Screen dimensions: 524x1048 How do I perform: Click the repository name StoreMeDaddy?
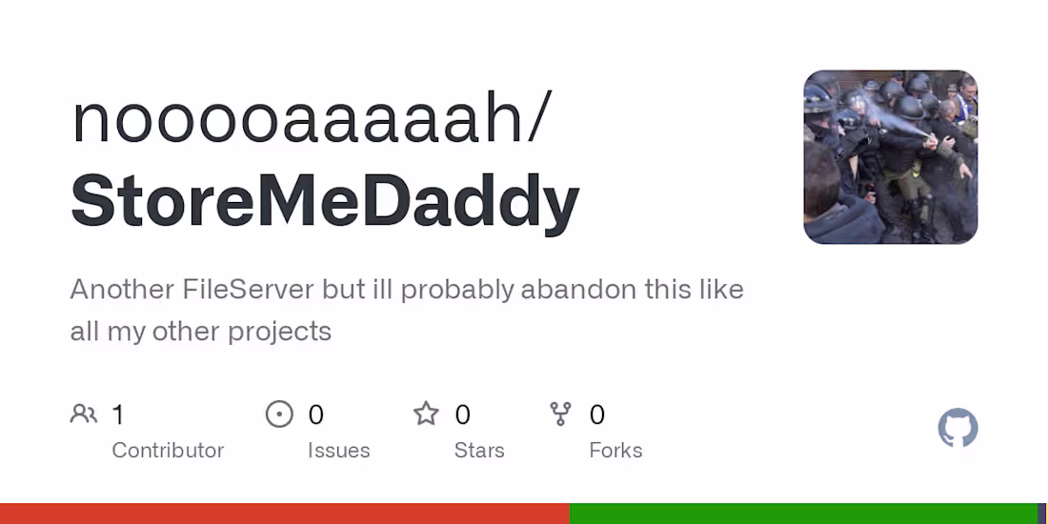[x=325, y=201]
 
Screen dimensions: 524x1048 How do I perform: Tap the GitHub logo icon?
[x=957, y=429]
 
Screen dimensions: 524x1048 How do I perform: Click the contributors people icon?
[x=84, y=414]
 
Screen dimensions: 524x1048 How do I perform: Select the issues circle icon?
[x=279, y=414]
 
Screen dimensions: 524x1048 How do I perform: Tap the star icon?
[x=426, y=414]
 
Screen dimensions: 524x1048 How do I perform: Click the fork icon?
[x=561, y=414]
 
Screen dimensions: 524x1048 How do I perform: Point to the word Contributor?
[x=168, y=450]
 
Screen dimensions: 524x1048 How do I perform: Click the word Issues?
[x=338, y=450]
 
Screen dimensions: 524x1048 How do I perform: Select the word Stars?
[x=479, y=450]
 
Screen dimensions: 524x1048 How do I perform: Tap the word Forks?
[x=615, y=450]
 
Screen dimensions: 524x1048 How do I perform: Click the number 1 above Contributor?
[x=118, y=414]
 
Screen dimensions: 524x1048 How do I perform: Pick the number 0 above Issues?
[x=316, y=414]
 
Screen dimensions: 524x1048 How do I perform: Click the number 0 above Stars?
[x=463, y=414]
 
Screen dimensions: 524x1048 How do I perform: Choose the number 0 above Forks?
[x=597, y=414]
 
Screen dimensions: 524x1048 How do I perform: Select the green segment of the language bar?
[x=802, y=514]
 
